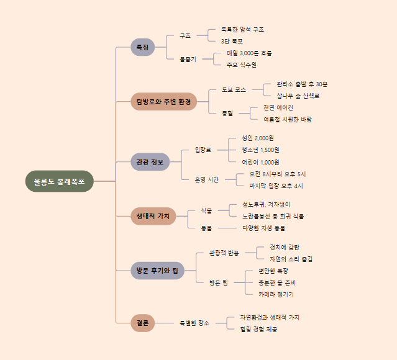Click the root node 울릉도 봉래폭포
coord(60,181)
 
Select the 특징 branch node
coord(142,47)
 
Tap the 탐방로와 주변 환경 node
coord(163,101)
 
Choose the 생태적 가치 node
coord(153,216)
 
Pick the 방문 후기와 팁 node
coord(157,271)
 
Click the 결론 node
coord(142,323)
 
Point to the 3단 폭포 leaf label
coord(232,41)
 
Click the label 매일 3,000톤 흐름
coord(249,53)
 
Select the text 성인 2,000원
coord(257,138)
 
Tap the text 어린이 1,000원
coord(260,161)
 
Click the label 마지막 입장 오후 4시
coord(276,186)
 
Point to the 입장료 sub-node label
coord(203,150)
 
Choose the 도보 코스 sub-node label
coord(234,89)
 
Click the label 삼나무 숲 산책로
coord(298,96)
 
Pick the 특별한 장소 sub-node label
coord(194,323)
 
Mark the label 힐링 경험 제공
coord(258,329)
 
